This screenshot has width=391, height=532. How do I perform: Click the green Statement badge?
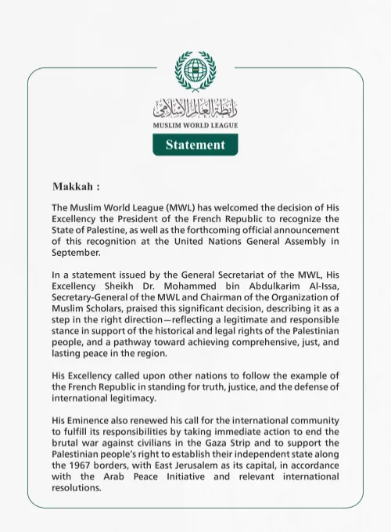pos(195,145)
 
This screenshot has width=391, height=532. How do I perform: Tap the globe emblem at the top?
pos(195,72)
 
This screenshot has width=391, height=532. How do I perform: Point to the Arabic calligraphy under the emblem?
pos(195,108)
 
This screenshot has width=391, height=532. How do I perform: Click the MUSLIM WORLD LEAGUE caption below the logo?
pos(195,125)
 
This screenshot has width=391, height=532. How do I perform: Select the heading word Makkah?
pos(74,188)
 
